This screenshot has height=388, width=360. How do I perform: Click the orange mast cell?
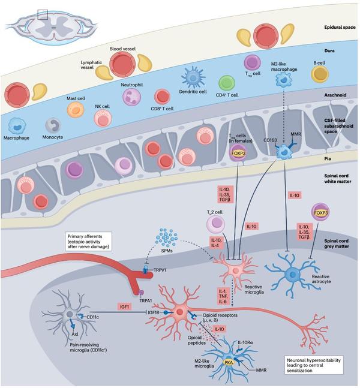tap(75, 109)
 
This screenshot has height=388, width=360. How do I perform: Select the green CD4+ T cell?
tap(226, 83)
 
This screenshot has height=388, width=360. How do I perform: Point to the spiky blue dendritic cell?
tap(193, 77)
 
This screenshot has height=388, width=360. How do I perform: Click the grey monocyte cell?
tap(53, 125)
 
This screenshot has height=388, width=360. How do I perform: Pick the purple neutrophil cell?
tap(131, 97)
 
